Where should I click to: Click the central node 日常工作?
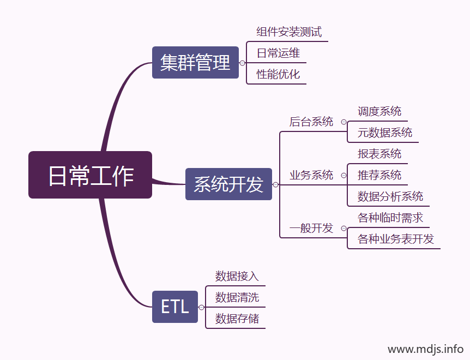coord(90,175)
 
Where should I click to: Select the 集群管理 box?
coord(195,63)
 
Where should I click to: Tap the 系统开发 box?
coord(228,184)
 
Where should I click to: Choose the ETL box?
coord(174,307)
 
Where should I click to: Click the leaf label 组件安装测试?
coord(289,32)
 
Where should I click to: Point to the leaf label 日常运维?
coord(278,53)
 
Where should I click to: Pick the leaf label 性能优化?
coord(278,74)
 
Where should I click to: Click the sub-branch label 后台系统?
coord(311,122)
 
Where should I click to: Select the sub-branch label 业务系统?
coord(311,175)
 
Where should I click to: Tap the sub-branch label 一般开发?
coord(311,228)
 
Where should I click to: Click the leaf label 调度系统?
coord(379,111)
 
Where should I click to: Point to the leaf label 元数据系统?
coord(385,133)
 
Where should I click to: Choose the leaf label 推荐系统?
coord(379,175)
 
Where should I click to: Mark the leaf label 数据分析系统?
coord(390,196)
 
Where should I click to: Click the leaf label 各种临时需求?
coord(390,218)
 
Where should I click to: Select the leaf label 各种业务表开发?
coord(396,239)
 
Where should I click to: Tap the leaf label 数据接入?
coord(237,276)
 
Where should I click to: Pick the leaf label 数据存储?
coord(237,319)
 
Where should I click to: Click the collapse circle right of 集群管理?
coord(243,63)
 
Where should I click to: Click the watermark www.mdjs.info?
coord(425,349)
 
